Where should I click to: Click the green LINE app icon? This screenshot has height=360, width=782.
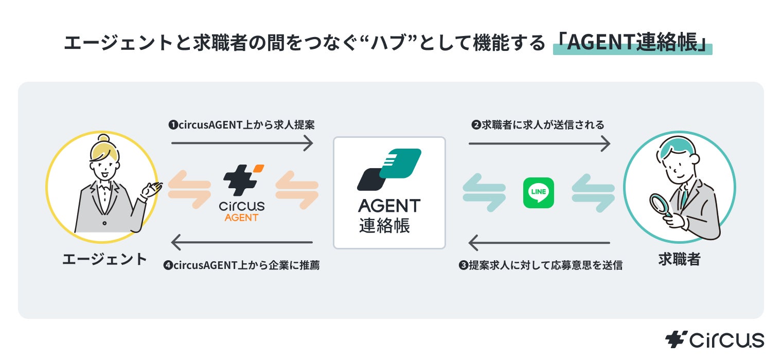(x=538, y=192)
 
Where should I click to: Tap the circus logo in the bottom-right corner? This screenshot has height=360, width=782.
(x=715, y=339)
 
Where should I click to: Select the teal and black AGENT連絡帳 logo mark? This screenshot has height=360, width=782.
(x=389, y=170)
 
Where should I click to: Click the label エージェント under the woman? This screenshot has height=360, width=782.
(x=104, y=260)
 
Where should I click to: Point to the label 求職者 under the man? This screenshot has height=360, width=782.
(x=679, y=260)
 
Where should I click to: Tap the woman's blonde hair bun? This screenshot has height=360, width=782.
(x=103, y=138)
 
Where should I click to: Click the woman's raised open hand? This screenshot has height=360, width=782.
(x=151, y=190)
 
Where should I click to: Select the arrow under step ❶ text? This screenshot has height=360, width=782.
(x=242, y=143)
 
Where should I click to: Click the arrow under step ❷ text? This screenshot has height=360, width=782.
(x=539, y=143)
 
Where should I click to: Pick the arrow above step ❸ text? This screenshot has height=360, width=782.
(x=539, y=243)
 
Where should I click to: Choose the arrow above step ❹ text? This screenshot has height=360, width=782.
(x=242, y=242)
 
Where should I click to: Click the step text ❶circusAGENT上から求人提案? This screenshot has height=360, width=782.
(x=242, y=125)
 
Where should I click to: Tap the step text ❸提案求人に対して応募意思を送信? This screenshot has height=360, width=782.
(x=541, y=265)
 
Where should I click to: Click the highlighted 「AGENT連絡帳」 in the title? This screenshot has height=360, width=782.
(x=633, y=43)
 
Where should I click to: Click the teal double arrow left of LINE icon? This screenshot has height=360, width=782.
(x=484, y=193)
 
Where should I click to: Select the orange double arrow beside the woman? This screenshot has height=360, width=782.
(x=189, y=190)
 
